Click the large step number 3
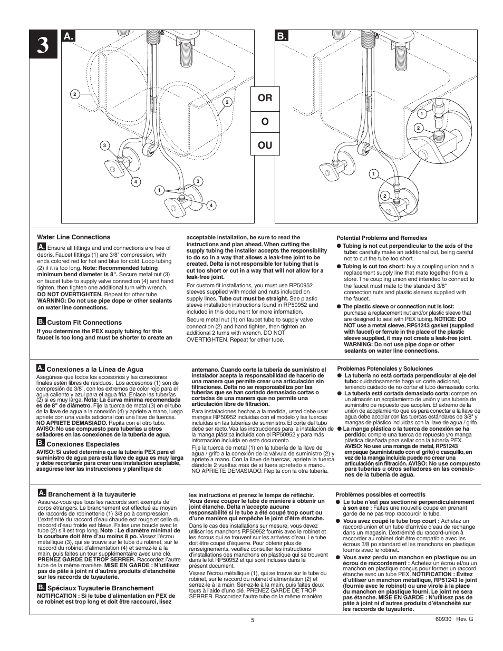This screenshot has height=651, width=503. coord(43,45)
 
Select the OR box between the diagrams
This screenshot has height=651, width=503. coord(265,98)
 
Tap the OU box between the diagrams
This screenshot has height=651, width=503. coord(265,144)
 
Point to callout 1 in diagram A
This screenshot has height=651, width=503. coord(158,190)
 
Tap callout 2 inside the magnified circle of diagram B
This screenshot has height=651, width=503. coord(417,128)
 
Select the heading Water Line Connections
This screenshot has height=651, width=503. coord(73,237)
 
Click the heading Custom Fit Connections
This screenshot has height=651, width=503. coord(84,323)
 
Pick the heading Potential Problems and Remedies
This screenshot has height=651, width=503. coord(374,238)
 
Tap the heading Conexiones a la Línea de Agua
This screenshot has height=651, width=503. coord(95,370)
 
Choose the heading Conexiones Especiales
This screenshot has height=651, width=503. coord(83,444)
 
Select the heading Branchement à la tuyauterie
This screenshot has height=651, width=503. coord(92,494)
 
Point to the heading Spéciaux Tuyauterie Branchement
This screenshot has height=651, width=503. coord(101,588)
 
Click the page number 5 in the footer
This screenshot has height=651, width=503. coord(253,620)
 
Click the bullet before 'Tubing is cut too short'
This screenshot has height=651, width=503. coord(339,266)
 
